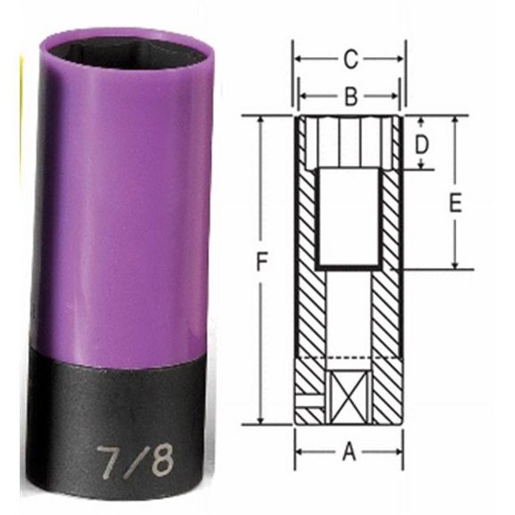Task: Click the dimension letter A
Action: (350, 452)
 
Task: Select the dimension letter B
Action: (350, 94)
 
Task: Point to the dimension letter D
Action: (423, 143)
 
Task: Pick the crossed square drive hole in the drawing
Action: (350, 393)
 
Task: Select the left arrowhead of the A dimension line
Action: (301, 453)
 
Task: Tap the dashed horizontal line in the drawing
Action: (350, 359)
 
